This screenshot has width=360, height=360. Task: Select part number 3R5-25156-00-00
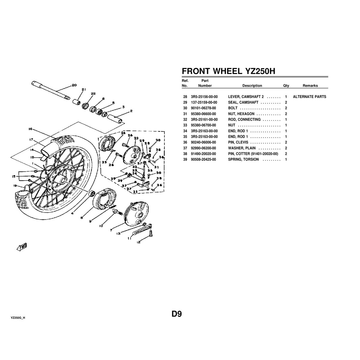tap(204, 97)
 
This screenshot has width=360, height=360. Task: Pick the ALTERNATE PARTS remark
tap(309, 97)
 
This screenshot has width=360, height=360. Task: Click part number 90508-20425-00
tap(203, 159)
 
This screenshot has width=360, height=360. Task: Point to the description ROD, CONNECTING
tap(244, 119)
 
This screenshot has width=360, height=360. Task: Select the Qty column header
tap(286, 85)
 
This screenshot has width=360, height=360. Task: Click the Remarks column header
tap(310, 85)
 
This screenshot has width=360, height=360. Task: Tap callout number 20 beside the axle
tap(74, 85)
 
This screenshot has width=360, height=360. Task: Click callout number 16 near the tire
tap(30, 129)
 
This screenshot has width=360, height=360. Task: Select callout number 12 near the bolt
tap(138, 242)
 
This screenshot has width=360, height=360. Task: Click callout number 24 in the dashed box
tap(123, 133)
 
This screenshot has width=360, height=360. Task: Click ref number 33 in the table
tap(185, 125)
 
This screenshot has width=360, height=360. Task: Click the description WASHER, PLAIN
tap(239, 148)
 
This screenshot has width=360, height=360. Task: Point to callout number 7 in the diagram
tap(111, 230)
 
